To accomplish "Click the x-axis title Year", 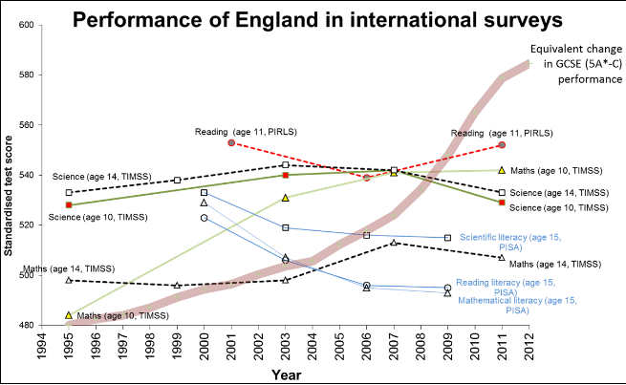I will [x=286, y=374].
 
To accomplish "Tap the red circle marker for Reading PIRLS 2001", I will [x=231, y=143].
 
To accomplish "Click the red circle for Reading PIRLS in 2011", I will [x=502, y=145].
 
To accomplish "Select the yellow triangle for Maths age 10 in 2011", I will [x=502, y=170].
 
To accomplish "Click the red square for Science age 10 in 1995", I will [x=69, y=204].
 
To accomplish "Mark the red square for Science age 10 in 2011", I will [x=502, y=203].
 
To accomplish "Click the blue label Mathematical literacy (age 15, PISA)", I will [x=514, y=305].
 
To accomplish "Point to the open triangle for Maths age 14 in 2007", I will [x=394, y=243].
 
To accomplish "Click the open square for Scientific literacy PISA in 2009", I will [x=447, y=238].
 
